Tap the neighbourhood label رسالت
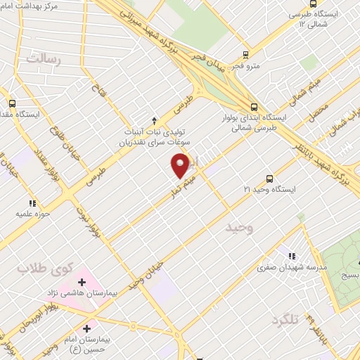[44, 59]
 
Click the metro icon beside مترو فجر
[245, 55]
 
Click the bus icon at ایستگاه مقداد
[12, 103]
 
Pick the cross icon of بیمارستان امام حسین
[87, 328]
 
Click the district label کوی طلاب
[36, 269]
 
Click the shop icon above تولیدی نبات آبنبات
[155, 120]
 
